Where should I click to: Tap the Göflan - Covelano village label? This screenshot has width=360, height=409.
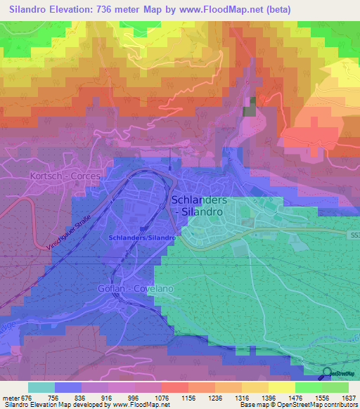(x=135, y=289)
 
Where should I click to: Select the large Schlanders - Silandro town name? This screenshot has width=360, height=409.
(x=198, y=205)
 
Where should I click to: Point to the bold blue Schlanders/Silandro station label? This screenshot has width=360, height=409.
(x=141, y=238)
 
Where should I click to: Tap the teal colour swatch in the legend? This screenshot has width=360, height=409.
(x=41, y=387)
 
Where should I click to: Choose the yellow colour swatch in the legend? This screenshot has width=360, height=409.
(x=282, y=387)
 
